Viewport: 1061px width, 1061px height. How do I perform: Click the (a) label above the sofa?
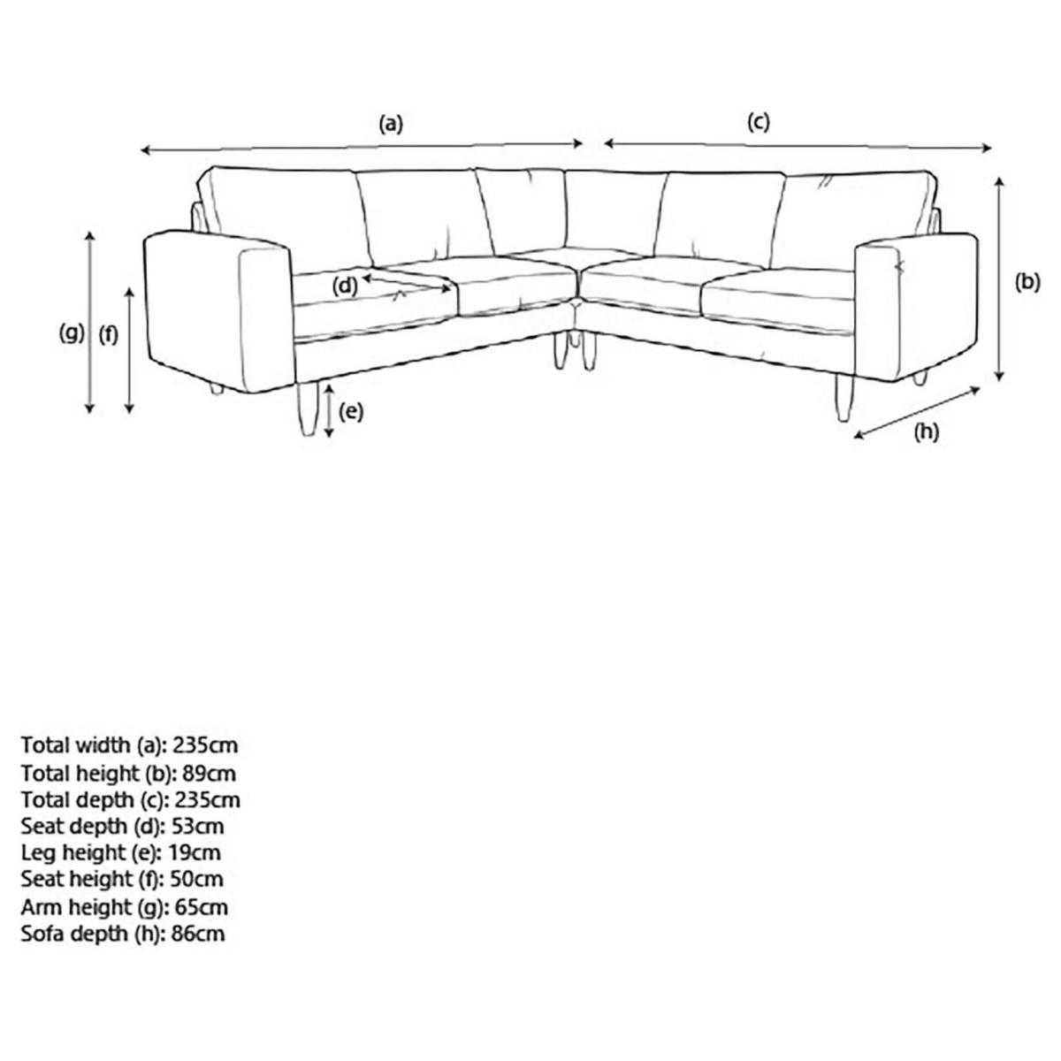(x=391, y=124)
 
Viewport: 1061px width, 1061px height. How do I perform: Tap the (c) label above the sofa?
(x=758, y=122)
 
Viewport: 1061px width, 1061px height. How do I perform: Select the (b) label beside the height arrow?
(x=1027, y=282)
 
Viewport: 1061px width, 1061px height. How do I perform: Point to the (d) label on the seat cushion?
(x=345, y=286)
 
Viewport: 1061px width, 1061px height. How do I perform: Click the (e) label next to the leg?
(x=351, y=411)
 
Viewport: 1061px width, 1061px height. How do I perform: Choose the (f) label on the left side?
(x=109, y=335)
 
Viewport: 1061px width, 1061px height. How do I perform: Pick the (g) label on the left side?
(x=72, y=333)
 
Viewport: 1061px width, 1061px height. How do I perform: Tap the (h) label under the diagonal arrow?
(x=926, y=432)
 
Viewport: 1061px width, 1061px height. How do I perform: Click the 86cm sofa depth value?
(x=198, y=934)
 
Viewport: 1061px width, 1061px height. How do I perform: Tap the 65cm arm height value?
(x=201, y=907)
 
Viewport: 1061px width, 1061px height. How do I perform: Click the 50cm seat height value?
(x=196, y=880)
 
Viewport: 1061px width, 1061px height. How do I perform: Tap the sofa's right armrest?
(x=916, y=306)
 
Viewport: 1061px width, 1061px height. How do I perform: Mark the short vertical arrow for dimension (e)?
(x=329, y=411)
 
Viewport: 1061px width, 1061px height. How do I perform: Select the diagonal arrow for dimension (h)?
(x=917, y=414)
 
